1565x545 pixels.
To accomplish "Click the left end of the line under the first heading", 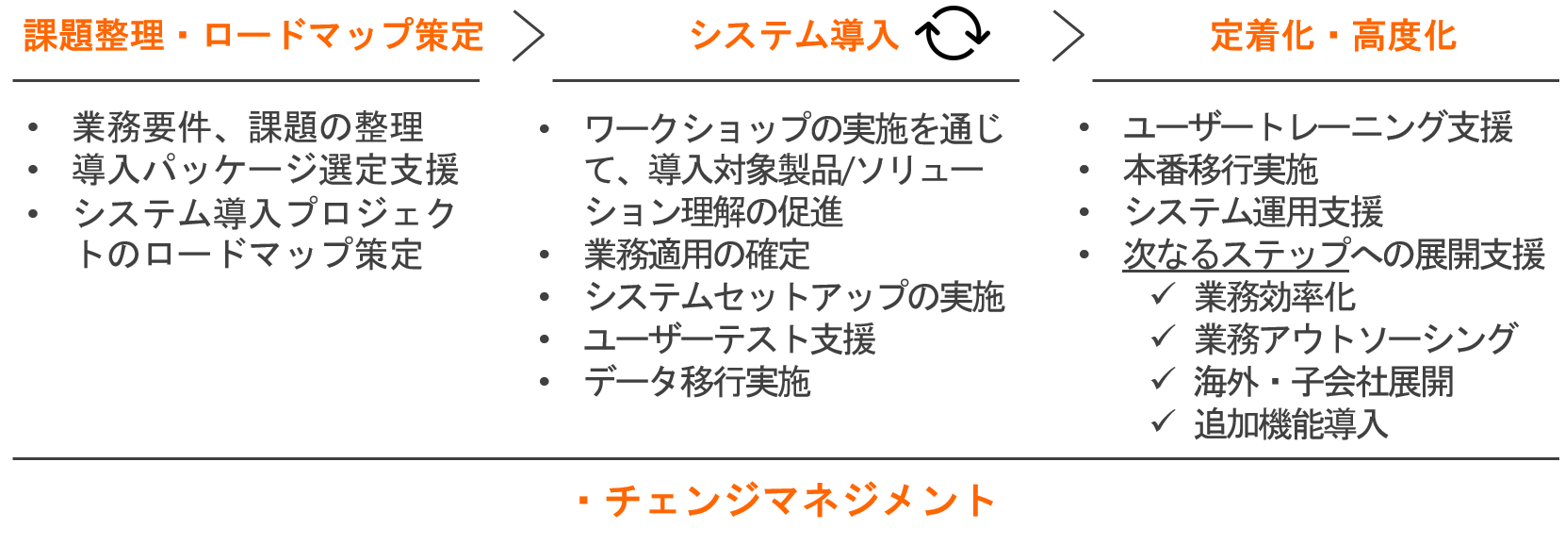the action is [x=13, y=80].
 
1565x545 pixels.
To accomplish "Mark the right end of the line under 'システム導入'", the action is [x=1019, y=80].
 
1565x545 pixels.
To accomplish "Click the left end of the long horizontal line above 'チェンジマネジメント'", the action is [x=13, y=459].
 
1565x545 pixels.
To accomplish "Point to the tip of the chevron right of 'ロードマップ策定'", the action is [x=544, y=35].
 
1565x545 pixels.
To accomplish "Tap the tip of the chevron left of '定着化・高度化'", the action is [x=1084, y=35].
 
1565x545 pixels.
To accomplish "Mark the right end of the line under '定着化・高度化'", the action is [x=1558, y=80].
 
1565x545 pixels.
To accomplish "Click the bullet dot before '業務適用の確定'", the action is [x=545, y=256].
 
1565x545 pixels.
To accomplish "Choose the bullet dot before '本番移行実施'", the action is [x=1084, y=170].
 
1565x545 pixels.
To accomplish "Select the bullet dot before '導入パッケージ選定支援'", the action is [x=33, y=170].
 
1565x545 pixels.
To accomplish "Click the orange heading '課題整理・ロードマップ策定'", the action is [x=253, y=35].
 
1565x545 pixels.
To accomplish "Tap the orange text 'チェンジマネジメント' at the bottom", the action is [x=800, y=501].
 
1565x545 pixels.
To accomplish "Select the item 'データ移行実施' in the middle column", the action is [x=697, y=382].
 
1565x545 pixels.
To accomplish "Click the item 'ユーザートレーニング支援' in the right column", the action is [x=1318, y=128].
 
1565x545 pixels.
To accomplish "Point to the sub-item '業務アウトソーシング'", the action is [x=1356, y=339].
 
